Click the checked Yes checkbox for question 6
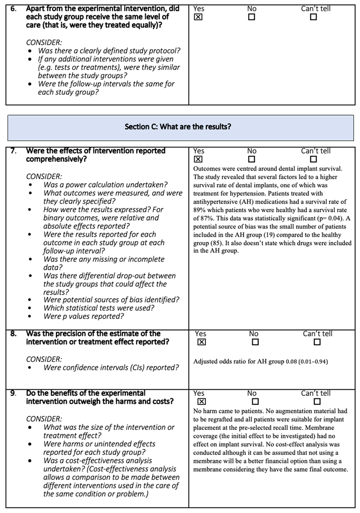point(198,17)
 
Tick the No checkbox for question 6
point(251,17)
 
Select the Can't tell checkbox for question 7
point(313,159)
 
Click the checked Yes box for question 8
point(201,342)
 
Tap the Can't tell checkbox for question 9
point(317,401)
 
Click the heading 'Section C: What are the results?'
point(178,127)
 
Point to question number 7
point(14,151)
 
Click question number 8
point(14,334)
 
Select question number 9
point(14,393)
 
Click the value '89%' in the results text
point(200,210)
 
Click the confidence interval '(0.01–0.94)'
point(311,361)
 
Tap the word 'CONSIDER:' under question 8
point(44,359)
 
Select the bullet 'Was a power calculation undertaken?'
point(105,185)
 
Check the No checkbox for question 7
point(251,159)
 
